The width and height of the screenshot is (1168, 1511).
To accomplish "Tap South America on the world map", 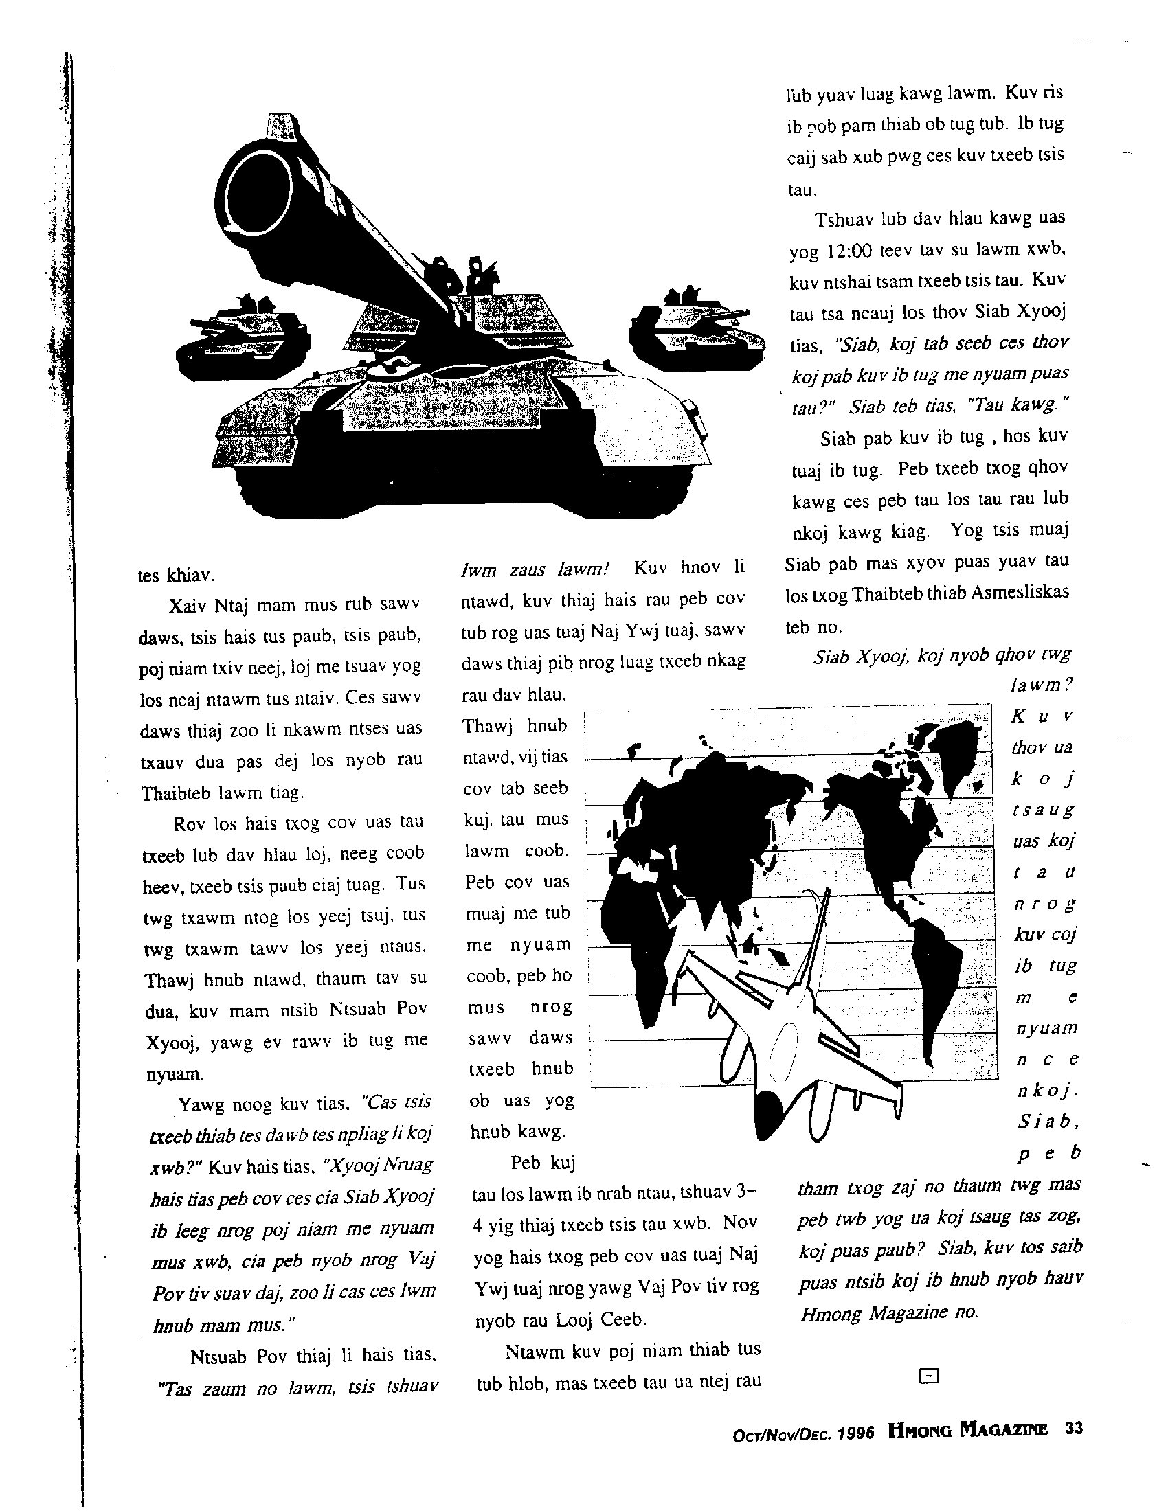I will pyautogui.click(x=938, y=968).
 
